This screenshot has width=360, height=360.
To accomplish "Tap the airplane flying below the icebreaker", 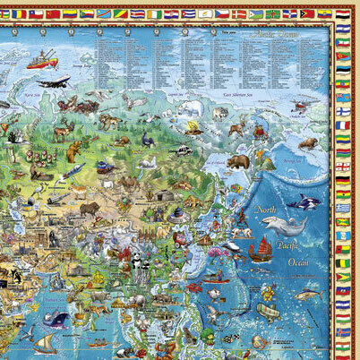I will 54,83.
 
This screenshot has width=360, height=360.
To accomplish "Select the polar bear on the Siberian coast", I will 189,108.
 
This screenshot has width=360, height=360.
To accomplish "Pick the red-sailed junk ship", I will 259,252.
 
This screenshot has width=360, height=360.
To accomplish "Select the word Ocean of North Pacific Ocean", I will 298,261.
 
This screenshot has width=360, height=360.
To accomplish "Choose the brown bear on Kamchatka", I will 237,162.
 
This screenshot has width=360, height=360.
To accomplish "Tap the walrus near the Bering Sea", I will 307,143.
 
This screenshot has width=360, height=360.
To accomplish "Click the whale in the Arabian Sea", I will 56,318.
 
